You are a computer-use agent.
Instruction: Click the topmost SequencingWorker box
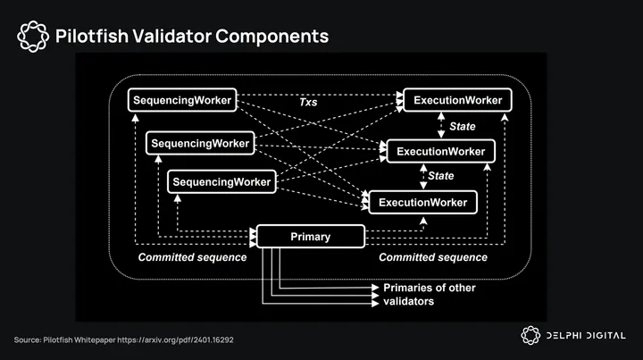tap(182, 101)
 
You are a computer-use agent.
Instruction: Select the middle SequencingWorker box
tap(200, 143)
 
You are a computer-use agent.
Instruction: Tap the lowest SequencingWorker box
tap(221, 182)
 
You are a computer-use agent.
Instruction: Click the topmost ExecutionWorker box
tap(458, 101)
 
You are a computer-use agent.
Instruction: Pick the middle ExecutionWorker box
tap(440, 151)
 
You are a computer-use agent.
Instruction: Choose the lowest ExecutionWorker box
tap(422, 203)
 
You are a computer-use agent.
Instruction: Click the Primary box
tap(311, 237)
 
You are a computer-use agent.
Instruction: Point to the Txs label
tap(307, 104)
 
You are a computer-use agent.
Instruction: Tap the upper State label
tap(462, 127)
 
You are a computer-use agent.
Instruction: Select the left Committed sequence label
tap(191, 257)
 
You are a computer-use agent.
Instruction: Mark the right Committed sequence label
tap(433, 257)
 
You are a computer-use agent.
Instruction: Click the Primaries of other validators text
tap(429, 294)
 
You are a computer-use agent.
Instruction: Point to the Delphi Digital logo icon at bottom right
tap(530, 335)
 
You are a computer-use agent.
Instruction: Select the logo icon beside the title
tap(32, 37)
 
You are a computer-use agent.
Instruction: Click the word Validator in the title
tap(170, 37)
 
